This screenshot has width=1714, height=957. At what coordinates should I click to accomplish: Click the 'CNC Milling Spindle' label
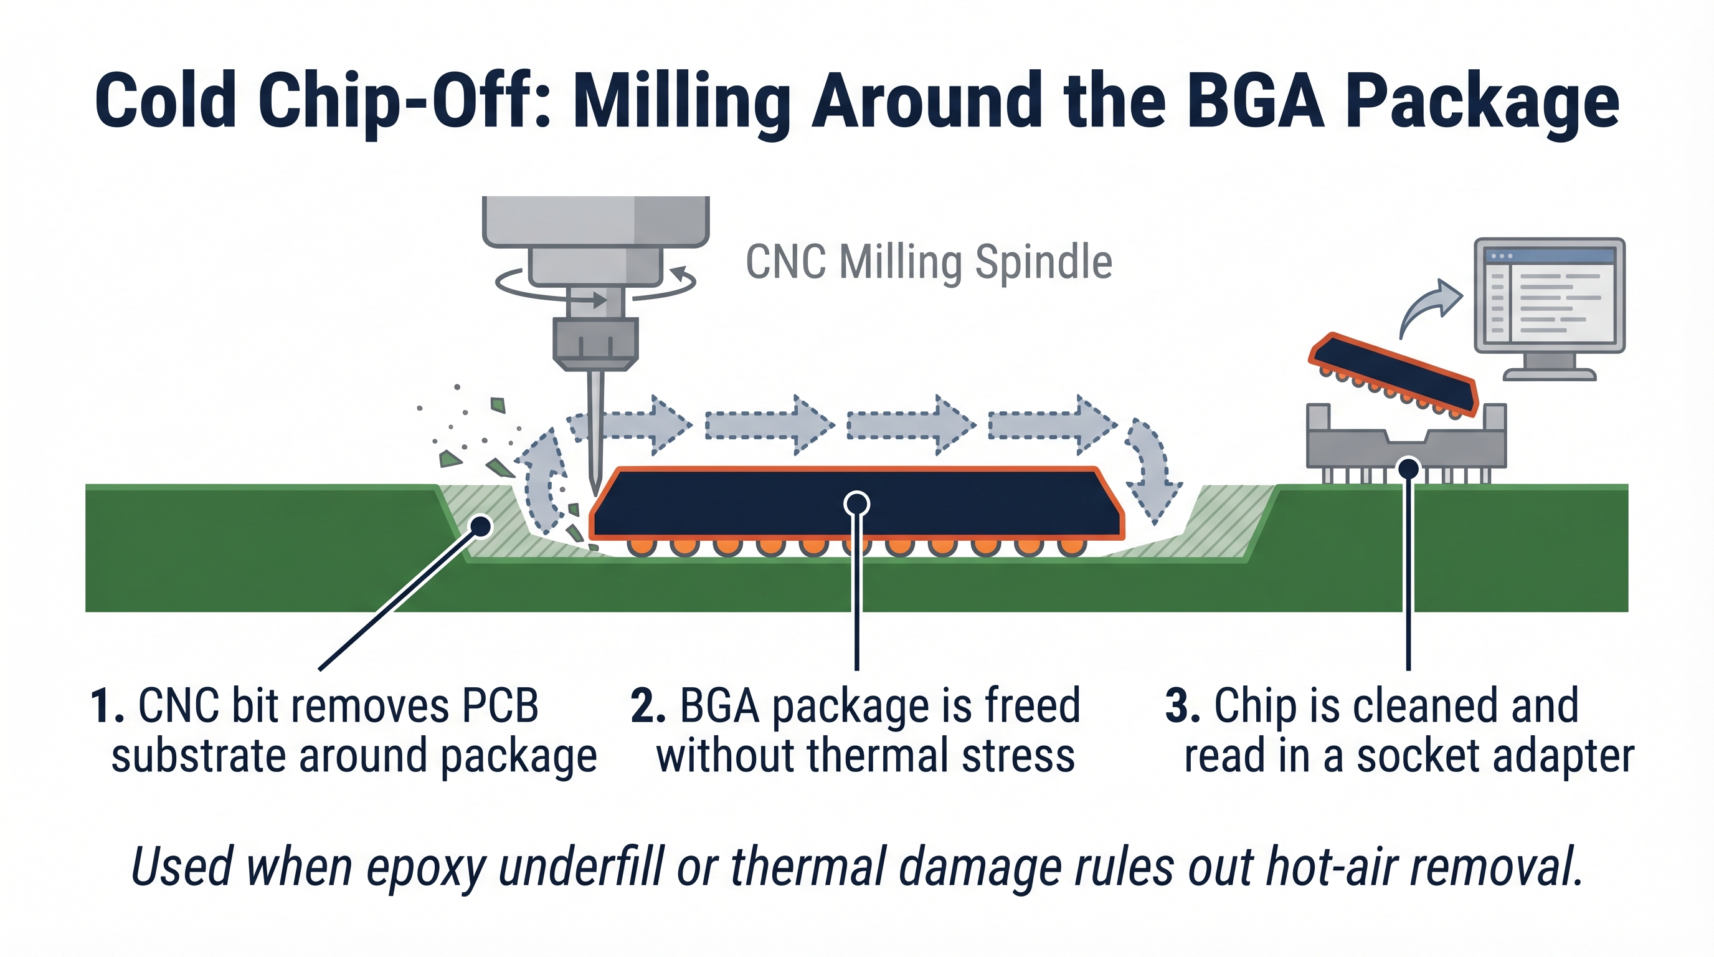coord(928,263)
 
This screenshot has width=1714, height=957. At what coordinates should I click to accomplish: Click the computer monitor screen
coord(1550,296)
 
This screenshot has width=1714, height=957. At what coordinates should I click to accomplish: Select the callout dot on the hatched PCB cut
coord(480,526)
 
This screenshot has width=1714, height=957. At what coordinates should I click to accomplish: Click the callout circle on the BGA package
coord(856,504)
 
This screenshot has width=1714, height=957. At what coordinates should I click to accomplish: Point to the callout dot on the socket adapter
coord(1408,469)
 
